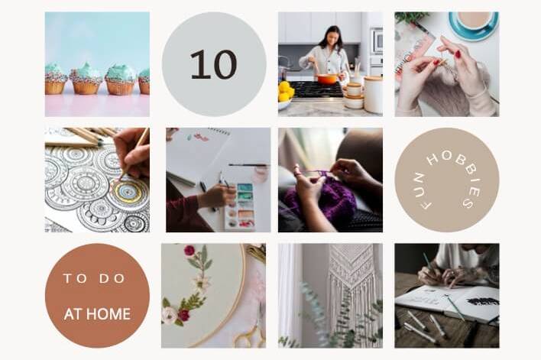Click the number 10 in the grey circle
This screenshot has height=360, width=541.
point(213,64)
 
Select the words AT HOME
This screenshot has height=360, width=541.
point(97,313)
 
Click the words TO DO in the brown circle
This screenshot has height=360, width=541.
point(94,278)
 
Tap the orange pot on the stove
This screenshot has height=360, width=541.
point(327,79)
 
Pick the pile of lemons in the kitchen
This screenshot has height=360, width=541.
point(286,92)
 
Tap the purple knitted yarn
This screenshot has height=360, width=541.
point(320,200)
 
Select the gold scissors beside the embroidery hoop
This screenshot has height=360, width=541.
point(251,332)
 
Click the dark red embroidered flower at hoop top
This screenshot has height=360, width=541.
point(189,251)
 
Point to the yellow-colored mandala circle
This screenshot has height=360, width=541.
point(128,192)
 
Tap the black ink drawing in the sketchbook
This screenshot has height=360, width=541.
point(483,301)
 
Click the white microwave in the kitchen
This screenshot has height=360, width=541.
point(377,41)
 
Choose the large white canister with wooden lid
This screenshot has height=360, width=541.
point(373,95)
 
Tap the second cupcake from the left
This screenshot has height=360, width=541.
point(86,79)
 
